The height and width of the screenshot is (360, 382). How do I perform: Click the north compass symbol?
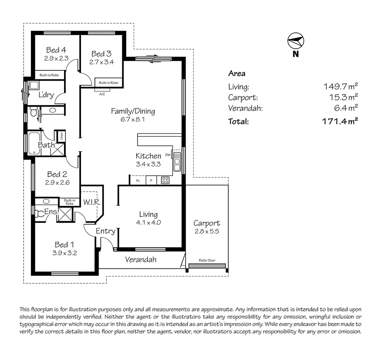[296, 40]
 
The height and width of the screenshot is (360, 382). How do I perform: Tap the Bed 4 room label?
[56, 50]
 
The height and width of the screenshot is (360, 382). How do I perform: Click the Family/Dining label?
[133, 111]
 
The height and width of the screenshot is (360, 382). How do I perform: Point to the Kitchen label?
[148, 156]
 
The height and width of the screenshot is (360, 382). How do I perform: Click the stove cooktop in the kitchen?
[165, 180]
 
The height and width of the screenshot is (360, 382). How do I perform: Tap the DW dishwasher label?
[168, 155]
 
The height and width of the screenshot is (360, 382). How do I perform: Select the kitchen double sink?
[177, 164]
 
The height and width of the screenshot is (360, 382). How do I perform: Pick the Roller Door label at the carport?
[207, 260]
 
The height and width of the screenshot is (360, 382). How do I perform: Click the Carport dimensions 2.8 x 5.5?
[207, 231]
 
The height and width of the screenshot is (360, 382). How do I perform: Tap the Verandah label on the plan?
[141, 260]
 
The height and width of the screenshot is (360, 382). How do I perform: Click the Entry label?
[105, 231]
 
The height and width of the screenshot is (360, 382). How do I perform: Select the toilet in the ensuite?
[39, 214]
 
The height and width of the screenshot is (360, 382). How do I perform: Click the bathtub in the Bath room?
[31, 144]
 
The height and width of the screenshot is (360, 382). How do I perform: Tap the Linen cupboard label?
[62, 136]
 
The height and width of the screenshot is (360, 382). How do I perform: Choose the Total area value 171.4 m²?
[340, 121]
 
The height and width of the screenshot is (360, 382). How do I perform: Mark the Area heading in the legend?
[237, 74]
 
